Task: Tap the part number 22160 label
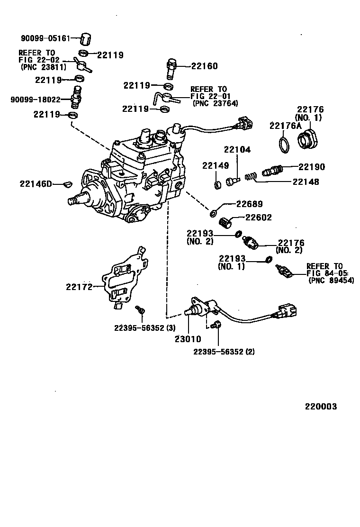pyautogui.click(x=205, y=66)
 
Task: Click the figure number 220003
pyautogui.click(x=320, y=407)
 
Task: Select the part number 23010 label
pyautogui.click(x=188, y=339)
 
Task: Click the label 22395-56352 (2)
pyautogui.click(x=225, y=351)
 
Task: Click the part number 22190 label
pyautogui.click(x=312, y=167)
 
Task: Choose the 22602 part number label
pyautogui.click(x=258, y=218)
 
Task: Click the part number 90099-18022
pyautogui.click(x=36, y=100)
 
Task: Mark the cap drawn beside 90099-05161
pyautogui.click(x=85, y=38)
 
